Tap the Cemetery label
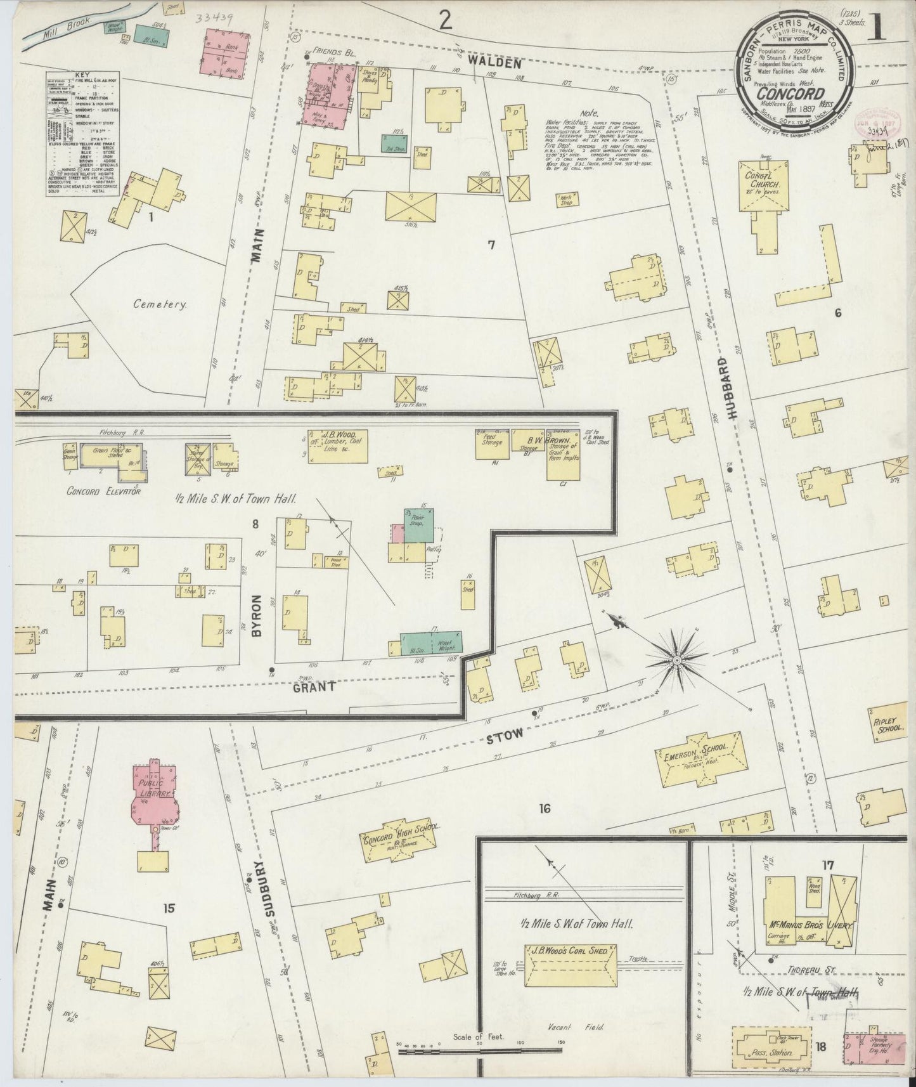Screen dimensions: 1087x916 [x=160, y=304]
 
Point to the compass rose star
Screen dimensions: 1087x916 [x=676, y=660]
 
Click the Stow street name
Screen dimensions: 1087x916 [x=505, y=735]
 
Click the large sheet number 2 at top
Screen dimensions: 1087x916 [x=446, y=22]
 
